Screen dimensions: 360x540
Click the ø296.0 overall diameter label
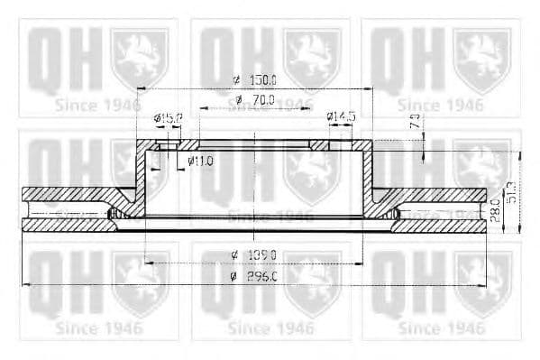tap(258, 275)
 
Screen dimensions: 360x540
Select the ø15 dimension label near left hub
tap(169, 118)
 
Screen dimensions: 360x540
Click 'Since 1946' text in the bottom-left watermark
tap(98, 327)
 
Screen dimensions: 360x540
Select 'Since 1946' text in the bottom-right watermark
tap(441, 327)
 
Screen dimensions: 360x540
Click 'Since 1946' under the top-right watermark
tap(441, 105)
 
